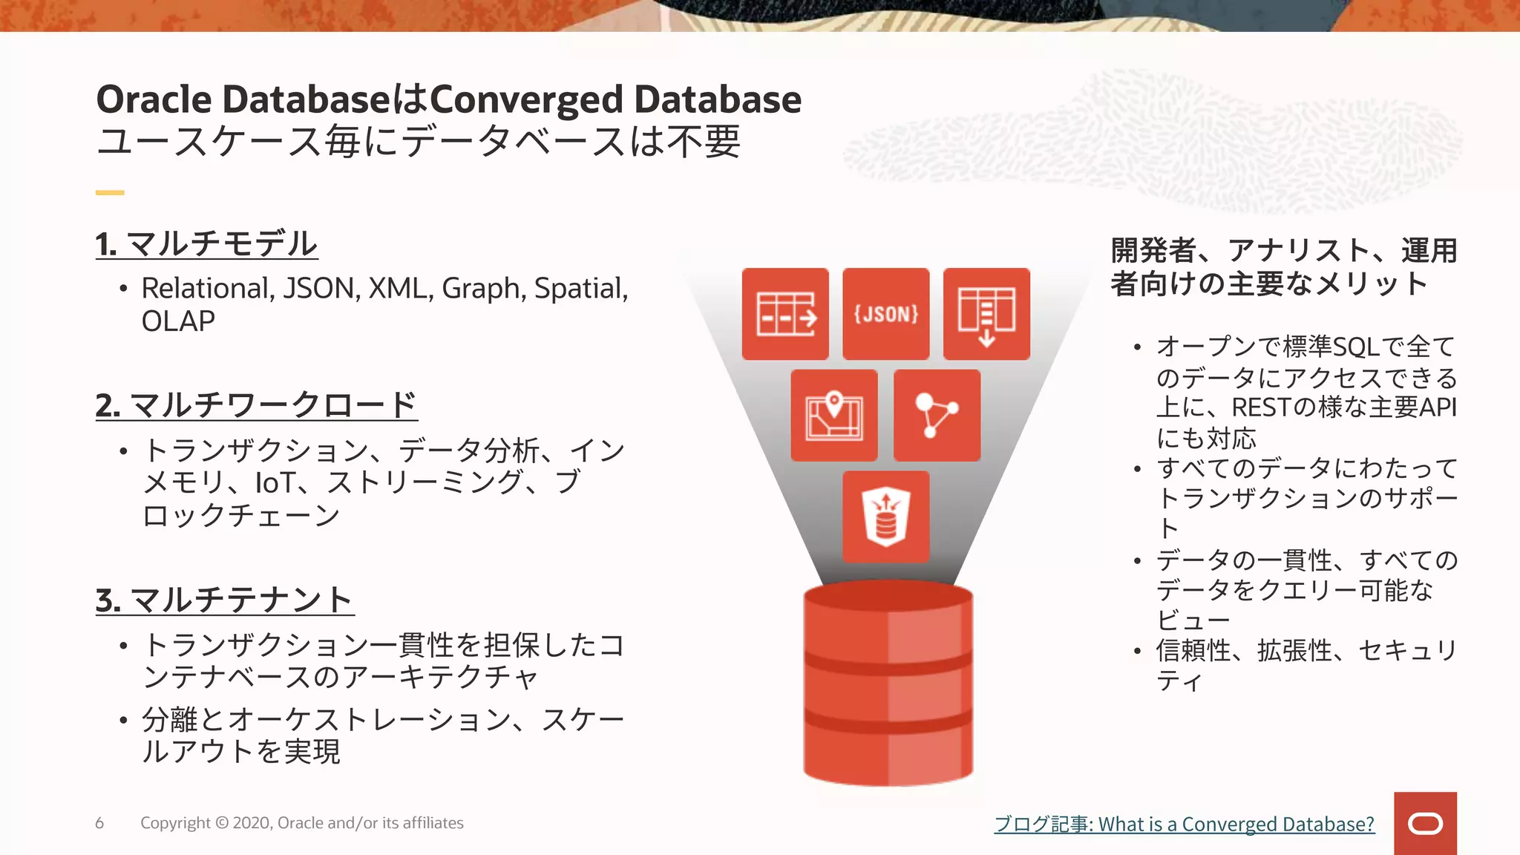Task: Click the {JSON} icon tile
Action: click(885, 314)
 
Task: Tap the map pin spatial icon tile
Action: click(834, 416)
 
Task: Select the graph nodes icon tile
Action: click(937, 416)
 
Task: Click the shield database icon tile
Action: click(885, 517)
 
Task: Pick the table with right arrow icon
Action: click(785, 314)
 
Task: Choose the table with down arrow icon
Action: click(986, 314)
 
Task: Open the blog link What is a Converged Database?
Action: click(1184, 824)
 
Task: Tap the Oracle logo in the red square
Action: click(1425, 824)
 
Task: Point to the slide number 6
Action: click(99, 823)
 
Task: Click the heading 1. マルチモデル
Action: click(206, 243)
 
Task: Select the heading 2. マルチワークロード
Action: click(256, 405)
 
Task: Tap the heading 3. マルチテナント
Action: click(224, 600)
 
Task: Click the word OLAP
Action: click(178, 321)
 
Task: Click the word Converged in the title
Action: click(526, 99)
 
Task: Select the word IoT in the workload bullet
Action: click(275, 483)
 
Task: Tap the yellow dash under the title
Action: click(110, 193)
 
